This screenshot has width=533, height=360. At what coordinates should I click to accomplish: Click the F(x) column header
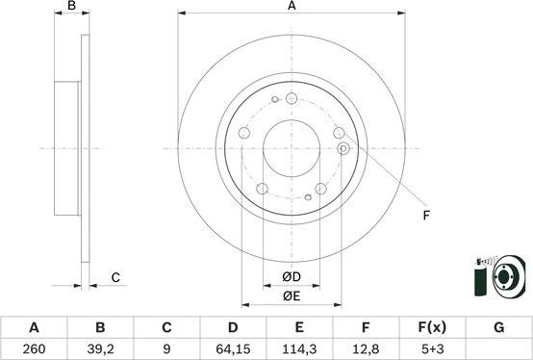pyautogui.click(x=432, y=327)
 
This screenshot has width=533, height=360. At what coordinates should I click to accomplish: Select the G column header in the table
pyautogui.click(x=498, y=327)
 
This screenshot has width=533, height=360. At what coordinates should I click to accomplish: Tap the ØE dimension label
pyautogui.click(x=292, y=296)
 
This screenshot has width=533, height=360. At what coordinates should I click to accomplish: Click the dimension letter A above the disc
pyautogui.click(x=292, y=8)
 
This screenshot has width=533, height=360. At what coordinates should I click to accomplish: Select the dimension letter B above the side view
pyautogui.click(x=71, y=8)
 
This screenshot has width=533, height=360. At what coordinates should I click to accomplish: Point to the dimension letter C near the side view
pyautogui.click(x=114, y=278)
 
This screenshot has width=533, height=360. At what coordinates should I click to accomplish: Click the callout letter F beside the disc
pyautogui.click(x=425, y=215)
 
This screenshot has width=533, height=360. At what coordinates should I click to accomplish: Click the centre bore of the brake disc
pyautogui.click(x=292, y=148)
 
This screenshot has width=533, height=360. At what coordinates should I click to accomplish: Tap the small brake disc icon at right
pyautogui.click(x=507, y=278)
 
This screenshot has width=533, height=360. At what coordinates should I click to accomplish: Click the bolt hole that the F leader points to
pyautogui.click(x=343, y=148)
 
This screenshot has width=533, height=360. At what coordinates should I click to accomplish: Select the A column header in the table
pyautogui.click(x=33, y=327)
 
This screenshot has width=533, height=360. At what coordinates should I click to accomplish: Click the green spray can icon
pyautogui.click(x=480, y=280)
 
